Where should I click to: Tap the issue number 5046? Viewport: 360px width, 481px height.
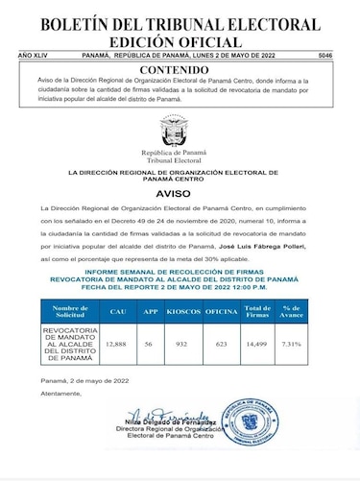[347, 57]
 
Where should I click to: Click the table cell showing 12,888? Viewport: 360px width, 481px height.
[116, 343]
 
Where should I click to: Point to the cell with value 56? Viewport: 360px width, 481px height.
[149, 343]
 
